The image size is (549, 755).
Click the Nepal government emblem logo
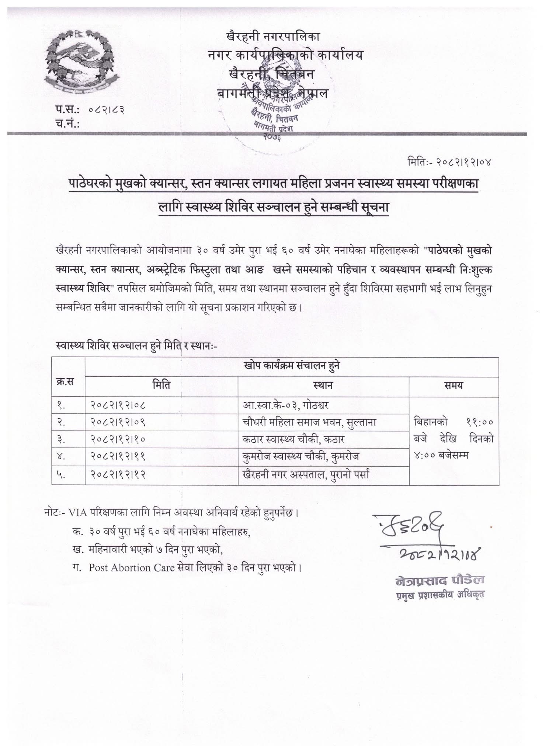click(80, 60)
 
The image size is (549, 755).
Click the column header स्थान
click(323, 386)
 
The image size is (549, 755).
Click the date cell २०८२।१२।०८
click(118, 406)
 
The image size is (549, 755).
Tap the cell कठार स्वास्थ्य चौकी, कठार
click(294, 440)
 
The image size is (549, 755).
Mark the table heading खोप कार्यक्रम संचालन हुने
click(292, 366)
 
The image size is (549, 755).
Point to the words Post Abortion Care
click(131, 567)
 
